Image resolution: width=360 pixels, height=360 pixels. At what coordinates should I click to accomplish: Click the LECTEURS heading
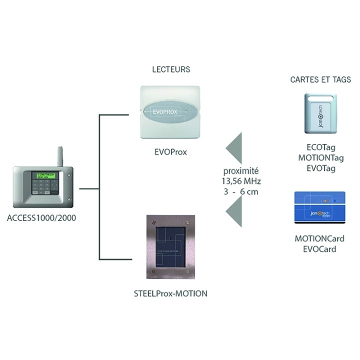coord(171,69)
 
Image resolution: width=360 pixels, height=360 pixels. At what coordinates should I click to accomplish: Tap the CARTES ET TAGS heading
coord(320,79)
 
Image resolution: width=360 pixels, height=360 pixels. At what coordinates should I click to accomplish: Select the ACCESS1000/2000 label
coord(42,218)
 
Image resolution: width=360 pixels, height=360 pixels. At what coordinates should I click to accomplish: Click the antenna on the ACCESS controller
coord(58,156)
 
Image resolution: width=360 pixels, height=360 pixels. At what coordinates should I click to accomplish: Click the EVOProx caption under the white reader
coord(170,151)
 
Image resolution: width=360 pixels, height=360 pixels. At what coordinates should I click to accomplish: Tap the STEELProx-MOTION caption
coord(170,293)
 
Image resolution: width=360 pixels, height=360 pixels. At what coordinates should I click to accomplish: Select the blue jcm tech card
coord(320,208)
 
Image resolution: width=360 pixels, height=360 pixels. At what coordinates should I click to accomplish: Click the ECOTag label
coord(320,148)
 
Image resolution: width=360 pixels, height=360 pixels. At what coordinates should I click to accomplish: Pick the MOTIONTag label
coord(320,158)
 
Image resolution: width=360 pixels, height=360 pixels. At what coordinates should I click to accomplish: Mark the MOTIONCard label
coord(320,238)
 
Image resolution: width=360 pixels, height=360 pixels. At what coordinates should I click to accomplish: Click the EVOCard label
coord(320,248)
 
